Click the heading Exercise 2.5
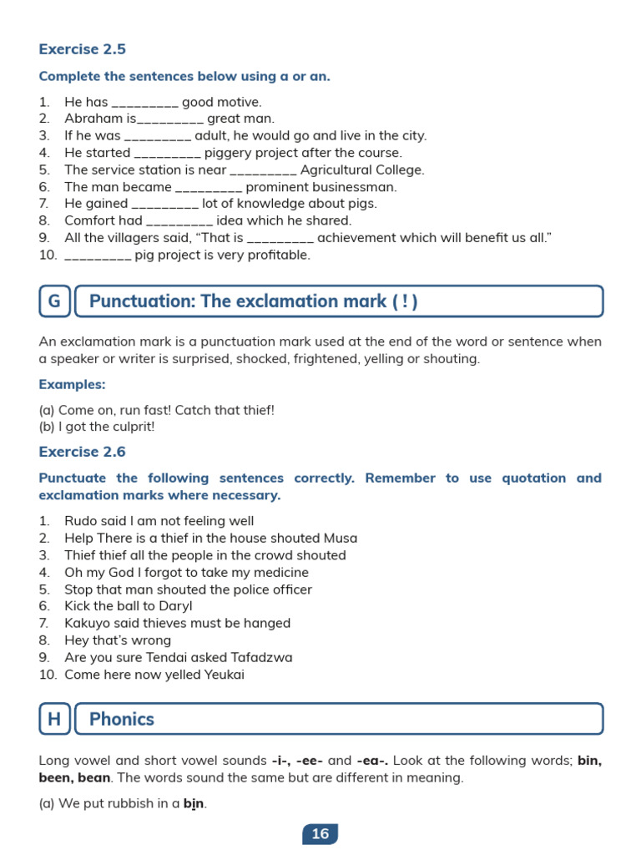pyautogui.click(x=83, y=49)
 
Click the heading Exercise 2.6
pyautogui.click(x=83, y=452)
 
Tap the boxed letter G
pyautogui.click(x=54, y=301)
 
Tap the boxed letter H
pyautogui.click(x=54, y=719)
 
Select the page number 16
pyautogui.click(x=320, y=833)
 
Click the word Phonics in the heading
pyautogui.click(x=122, y=719)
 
